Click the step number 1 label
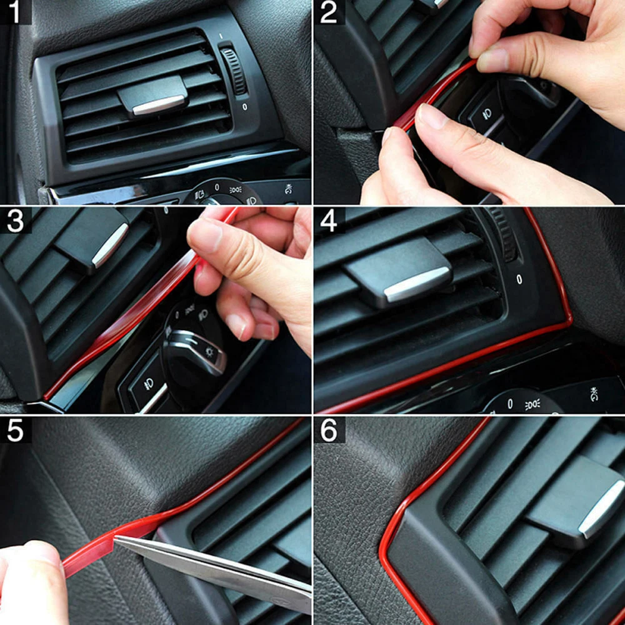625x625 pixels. click(15, 11)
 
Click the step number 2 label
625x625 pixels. click(329, 12)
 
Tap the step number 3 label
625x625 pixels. click(15, 221)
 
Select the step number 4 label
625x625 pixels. click(329, 221)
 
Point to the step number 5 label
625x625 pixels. click(15, 430)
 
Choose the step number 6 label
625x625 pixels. click(329, 430)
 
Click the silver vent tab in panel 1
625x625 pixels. click(158, 105)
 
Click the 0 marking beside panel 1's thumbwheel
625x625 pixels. click(244, 106)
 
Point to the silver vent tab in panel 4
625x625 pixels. click(417, 284)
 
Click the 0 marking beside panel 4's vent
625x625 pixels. click(519, 279)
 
